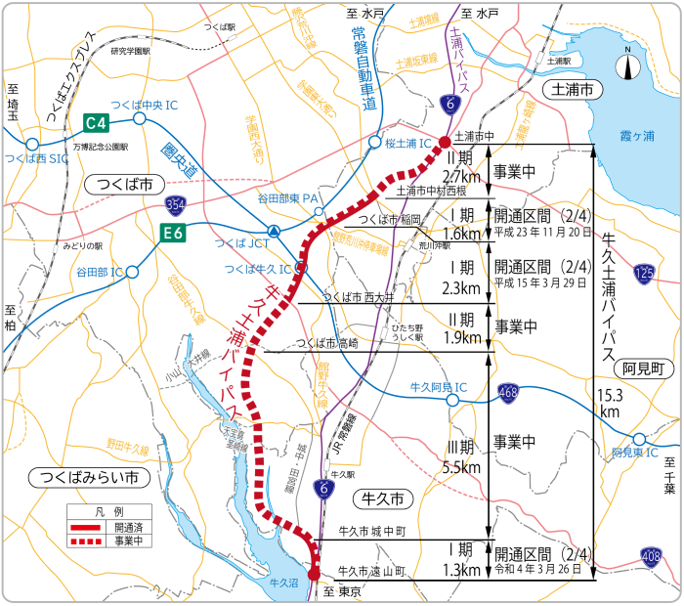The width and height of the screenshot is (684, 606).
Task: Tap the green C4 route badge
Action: [95, 123]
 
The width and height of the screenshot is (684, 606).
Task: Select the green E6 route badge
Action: [172, 233]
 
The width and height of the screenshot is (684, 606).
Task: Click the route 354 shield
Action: [176, 204]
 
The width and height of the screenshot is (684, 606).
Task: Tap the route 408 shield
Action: [651, 556]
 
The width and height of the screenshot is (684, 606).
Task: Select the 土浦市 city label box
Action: [575, 90]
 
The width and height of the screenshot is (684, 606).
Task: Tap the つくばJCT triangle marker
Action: [276, 232]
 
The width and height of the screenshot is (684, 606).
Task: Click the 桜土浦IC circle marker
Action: [374, 143]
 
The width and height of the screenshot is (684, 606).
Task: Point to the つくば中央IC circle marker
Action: [140, 118]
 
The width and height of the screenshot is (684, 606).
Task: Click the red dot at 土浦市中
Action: [445, 143]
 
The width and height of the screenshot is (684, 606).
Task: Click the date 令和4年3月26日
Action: [542, 571]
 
